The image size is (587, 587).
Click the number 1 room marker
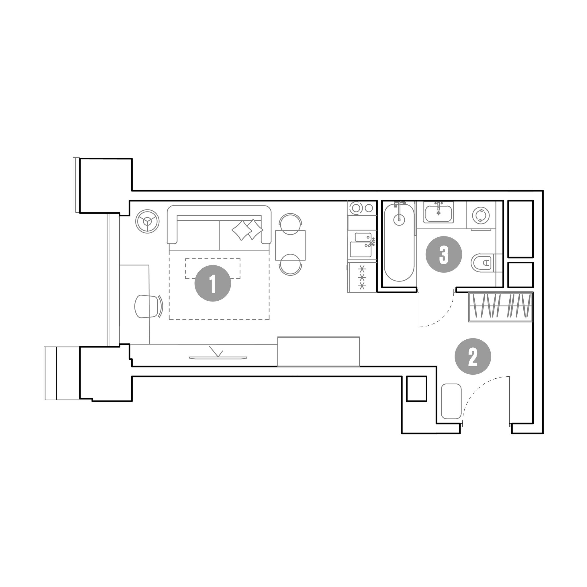[x=213, y=283]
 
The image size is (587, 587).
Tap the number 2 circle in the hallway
[x=473, y=356]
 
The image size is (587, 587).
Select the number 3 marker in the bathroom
[x=444, y=255]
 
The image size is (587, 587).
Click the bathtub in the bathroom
[x=399, y=242]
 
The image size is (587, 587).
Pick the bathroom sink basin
[x=439, y=214]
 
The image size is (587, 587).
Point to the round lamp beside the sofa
[x=148, y=221]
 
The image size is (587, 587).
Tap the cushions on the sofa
[x=247, y=229]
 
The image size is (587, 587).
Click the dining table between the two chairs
[x=290, y=245]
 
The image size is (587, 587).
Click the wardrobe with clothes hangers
[x=501, y=307]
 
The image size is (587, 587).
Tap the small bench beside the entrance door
[x=451, y=401]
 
